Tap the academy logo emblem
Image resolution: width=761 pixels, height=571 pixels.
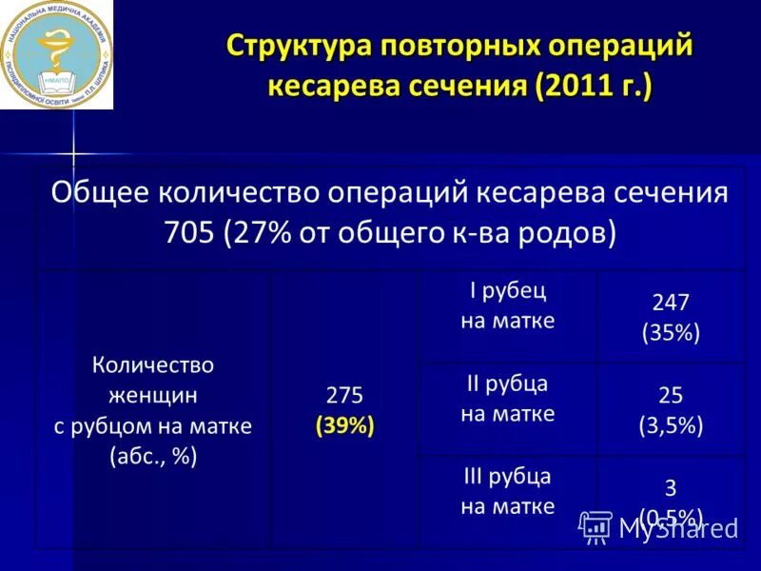56,54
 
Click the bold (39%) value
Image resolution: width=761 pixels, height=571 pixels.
345,425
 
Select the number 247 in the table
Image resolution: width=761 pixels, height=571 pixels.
671,303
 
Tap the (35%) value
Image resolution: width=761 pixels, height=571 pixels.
671,332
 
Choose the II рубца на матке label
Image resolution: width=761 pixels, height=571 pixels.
507,399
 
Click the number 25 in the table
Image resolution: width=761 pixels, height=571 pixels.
671,396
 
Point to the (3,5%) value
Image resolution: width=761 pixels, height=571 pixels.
671,425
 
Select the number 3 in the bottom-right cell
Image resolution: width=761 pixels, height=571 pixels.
671,488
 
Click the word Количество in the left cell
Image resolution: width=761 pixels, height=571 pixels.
153,364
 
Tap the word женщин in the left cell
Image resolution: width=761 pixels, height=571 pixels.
153,395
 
